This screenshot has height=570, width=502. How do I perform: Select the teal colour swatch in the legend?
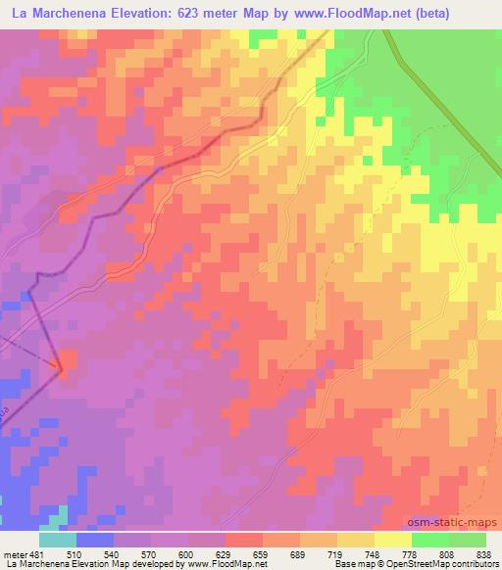click(58, 540)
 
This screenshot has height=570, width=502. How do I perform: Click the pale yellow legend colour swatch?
click(393, 540)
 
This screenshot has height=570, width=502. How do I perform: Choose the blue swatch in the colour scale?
click(95, 540)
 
